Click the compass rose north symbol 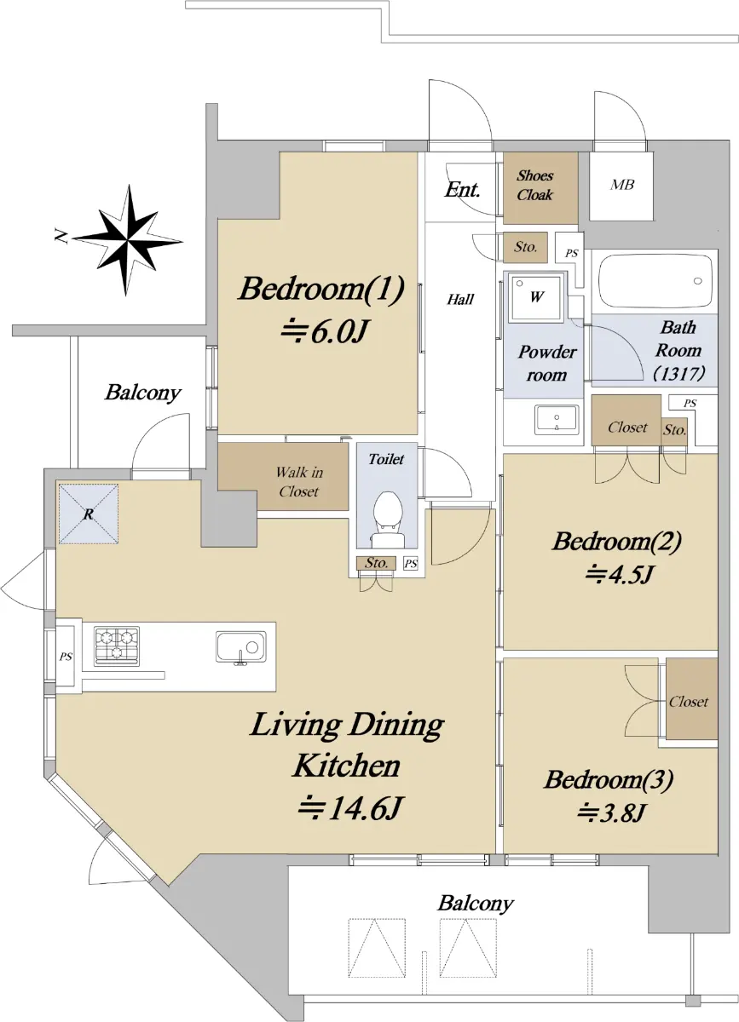(128, 240)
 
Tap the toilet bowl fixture (387, 519)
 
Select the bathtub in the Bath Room (655, 281)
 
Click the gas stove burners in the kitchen (117, 646)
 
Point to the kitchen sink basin (240, 646)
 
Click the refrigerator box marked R (89, 514)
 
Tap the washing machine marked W (536, 297)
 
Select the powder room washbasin (557, 418)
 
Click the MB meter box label (622, 185)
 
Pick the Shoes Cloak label (534, 186)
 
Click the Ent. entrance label (462, 189)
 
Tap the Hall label (460, 299)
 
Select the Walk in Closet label (299, 481)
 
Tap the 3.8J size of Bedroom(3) (611, 812)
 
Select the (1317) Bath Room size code (679, 374)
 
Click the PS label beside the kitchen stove (66, 657)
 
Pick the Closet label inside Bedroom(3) (689, 702)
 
